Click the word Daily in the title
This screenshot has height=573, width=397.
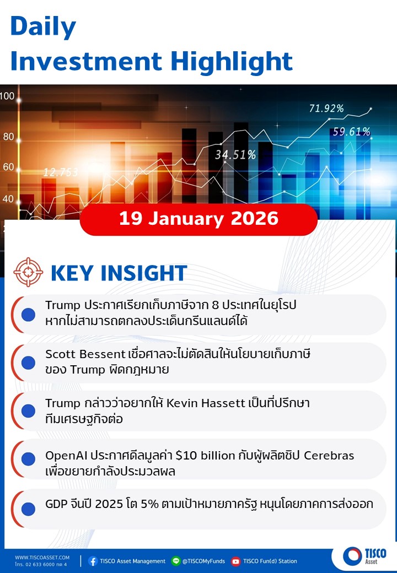tap(43, 27)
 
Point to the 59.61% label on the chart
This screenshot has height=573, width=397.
tap(351, 132)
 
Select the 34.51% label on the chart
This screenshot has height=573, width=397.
tap(235, 155)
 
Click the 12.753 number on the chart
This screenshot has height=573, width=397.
tap(61, 172)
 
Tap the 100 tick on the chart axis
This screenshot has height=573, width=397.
tap(7, 96)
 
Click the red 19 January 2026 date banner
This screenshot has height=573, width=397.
tap(198, 219)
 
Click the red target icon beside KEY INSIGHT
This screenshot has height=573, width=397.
tap(28, 272)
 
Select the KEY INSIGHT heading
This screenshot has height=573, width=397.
tap(119, 273)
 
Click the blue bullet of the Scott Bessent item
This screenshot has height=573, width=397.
tap(28, 363)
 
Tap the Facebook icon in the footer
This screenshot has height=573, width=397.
tap(93, 561)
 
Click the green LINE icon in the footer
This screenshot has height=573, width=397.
tap(176, 561)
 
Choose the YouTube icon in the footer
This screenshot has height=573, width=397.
tap(236, 561)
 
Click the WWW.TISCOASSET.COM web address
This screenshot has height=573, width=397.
tap(42, 558)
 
